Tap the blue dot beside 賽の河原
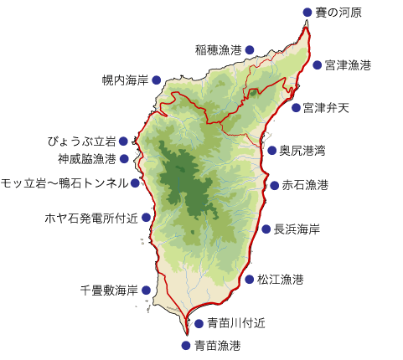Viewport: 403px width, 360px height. (307, 12)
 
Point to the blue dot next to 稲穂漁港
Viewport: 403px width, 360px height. (249, 50)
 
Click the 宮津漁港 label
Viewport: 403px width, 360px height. (348, 64)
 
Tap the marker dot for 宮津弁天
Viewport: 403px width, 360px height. (296, 107)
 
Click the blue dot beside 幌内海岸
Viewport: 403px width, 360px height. (156, 80)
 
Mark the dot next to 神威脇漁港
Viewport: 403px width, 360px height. (124, 158)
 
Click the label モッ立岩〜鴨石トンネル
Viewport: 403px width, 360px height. (65, 183)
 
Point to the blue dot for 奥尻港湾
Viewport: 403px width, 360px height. (271, 151)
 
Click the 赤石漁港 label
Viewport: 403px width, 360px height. (305, 184)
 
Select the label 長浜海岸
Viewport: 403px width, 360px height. (297, 229)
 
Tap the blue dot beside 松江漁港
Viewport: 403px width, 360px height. (249, 279)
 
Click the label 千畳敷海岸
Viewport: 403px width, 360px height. (109, 291)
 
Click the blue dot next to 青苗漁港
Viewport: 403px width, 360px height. (186, 344)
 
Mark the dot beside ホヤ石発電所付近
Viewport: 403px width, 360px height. (147, 218)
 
